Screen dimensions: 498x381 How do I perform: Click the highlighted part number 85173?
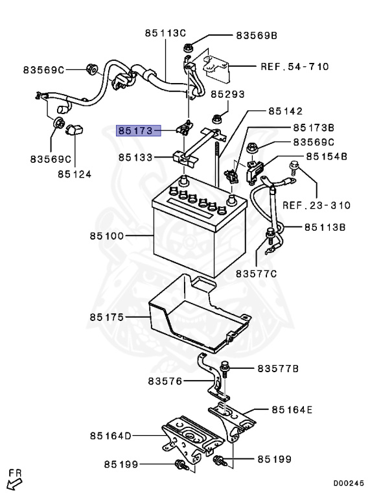[137, 131]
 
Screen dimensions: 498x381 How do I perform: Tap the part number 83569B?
[256, 36]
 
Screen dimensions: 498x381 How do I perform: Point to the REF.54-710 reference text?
[294, 66]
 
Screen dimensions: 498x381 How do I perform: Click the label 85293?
[245, 95]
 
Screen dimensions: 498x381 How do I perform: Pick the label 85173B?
[314, 128]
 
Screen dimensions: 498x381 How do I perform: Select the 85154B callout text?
[327, 156]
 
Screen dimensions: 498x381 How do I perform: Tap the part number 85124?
[74, 174]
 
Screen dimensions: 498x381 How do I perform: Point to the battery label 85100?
[107, 237]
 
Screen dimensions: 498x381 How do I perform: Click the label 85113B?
[325, 227]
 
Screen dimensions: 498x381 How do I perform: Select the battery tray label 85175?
[107, 318]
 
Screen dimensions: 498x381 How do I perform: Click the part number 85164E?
[292, 409]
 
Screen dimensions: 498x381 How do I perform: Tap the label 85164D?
[111, 436]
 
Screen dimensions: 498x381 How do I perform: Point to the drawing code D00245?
[349, 483]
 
